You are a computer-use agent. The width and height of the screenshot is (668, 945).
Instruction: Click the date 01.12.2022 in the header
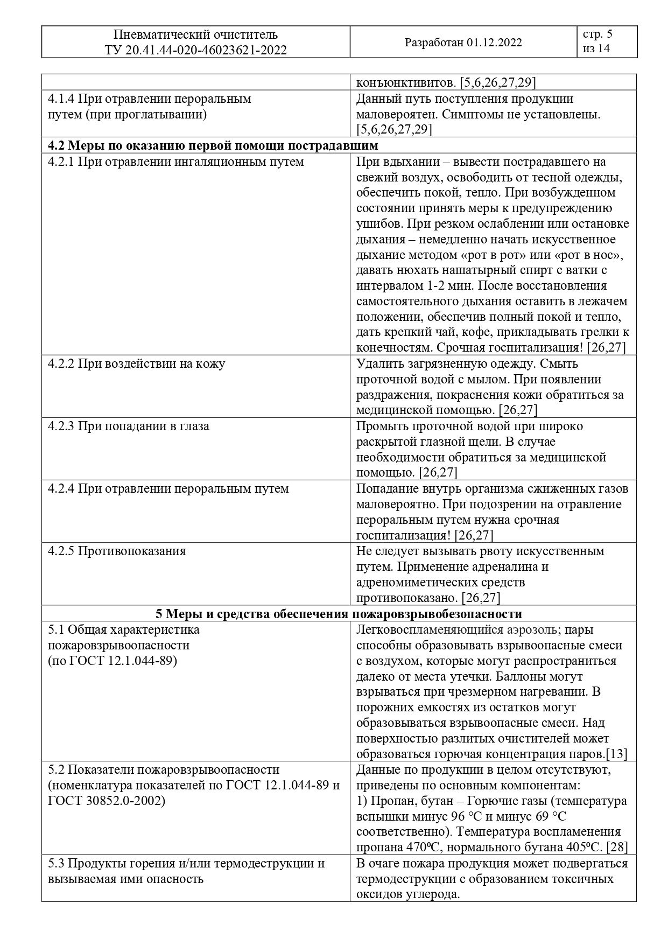pos(495,43)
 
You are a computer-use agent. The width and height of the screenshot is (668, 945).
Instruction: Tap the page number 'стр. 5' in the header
pos(597,35)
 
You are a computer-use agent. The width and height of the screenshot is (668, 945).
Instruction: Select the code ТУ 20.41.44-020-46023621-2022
pos(196,51)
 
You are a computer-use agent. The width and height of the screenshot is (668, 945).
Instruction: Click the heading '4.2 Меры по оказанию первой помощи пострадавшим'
pos(213,146)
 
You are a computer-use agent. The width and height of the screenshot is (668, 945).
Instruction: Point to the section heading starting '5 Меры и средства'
pos(339,614)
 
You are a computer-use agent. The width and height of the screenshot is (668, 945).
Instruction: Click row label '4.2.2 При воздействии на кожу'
pos(136,363)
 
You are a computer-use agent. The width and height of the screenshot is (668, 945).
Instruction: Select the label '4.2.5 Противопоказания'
pos(117,551)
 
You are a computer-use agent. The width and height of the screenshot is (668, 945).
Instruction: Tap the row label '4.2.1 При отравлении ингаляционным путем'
pos(175,162)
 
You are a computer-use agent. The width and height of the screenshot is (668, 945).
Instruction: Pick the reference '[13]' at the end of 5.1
pos(617,754)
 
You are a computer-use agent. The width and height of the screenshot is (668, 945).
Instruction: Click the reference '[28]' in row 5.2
pos(617,847)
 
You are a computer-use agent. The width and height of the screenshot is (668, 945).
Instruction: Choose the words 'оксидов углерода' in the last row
pos(409,894)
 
